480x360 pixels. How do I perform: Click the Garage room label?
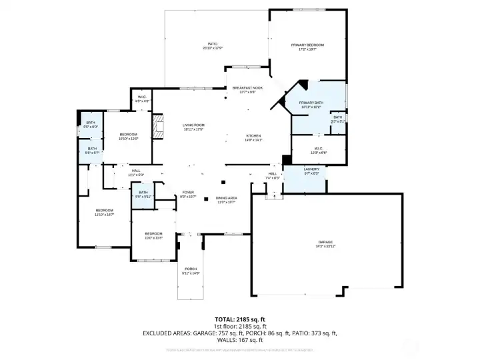click(x=325, y=242)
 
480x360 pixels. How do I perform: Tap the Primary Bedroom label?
click(x=307, y=45)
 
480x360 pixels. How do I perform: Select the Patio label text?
click(x=213, y=45)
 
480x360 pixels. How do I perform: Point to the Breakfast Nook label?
click(x=247, y=88)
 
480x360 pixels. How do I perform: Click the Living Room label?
click(x=193, y=125)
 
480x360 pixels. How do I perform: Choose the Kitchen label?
click(x=253, y=135)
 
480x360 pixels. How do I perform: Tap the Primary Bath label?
click(x=311, y=103)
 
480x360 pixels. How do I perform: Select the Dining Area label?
click(x=227, y=198)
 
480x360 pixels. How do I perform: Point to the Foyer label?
click(x=188, y=193)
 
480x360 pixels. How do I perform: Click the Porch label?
click(x=191, y=269)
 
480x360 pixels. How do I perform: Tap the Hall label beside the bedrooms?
click(x=136, y=170)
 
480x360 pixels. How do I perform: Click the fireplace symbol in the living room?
click(x=157, y=127)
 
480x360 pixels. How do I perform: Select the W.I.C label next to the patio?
click(x=142, y=97)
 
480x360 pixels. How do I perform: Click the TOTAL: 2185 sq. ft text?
click(x=239, y=319)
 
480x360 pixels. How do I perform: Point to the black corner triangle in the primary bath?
click(x=303, y=85)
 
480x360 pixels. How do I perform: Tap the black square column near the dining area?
click(x=223, y=182)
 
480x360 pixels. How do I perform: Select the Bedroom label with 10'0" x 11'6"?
click(x=154, y=233)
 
